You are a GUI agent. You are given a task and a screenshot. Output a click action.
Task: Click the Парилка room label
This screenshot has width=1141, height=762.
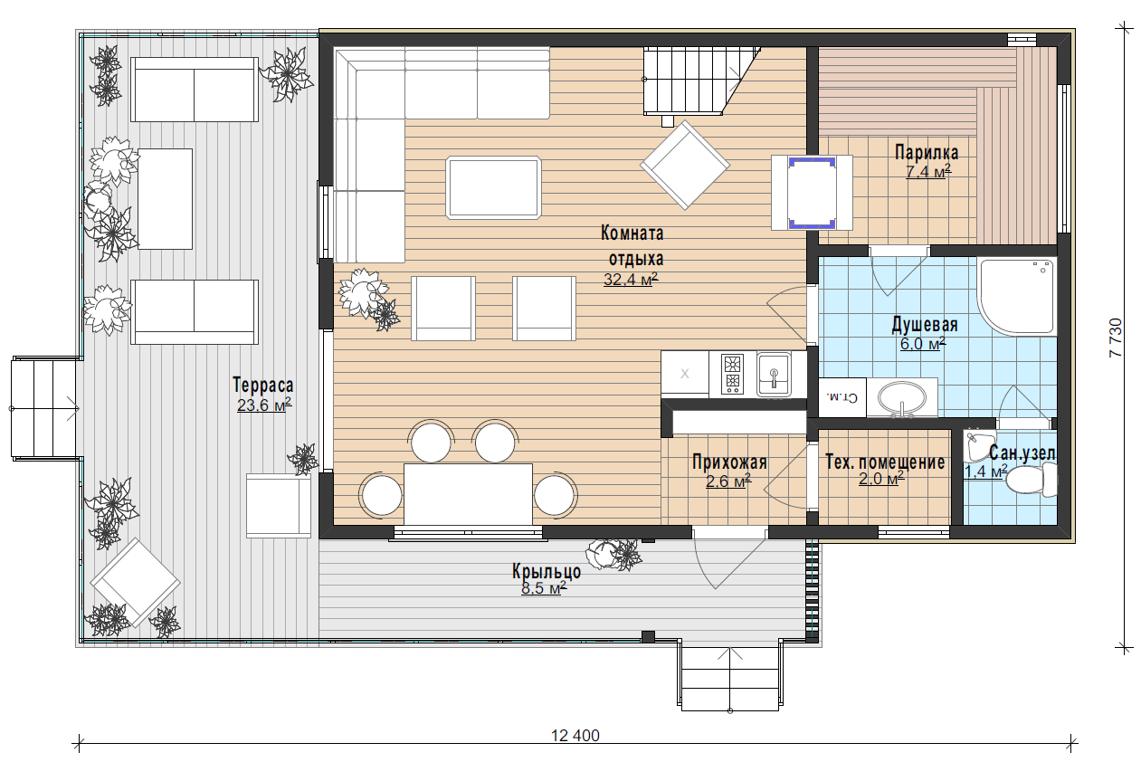(x=927, y=152)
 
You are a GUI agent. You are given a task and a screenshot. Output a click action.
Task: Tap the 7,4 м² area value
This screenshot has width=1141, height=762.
(x=928, y=171)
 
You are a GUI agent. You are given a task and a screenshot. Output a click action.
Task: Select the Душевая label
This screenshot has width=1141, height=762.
(x=925, y=325)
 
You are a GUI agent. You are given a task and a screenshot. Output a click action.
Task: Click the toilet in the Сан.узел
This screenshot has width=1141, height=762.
(x=1032, y=480)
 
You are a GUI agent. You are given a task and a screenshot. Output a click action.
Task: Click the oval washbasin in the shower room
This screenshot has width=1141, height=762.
(x=902, y=398)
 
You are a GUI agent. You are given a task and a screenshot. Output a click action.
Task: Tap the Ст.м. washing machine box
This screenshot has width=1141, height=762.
(x=842, y=396)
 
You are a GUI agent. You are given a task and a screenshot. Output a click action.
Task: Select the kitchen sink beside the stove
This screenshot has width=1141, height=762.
(x=774, y=374)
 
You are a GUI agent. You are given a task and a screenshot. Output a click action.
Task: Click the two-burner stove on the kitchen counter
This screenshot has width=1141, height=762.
(x=732, y=374)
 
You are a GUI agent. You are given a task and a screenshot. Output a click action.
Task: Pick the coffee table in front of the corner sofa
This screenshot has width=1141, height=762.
(x=493, y=188)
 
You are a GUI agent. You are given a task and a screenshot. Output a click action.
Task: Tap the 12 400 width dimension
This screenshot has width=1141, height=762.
(x=575, y=736)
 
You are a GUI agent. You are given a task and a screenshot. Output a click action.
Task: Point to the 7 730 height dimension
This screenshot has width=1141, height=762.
(x=1116, y=338)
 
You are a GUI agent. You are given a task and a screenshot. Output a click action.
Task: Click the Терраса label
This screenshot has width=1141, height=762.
(x=262, y=386)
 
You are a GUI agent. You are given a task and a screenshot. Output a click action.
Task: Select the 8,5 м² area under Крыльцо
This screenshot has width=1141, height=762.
(x=544, y=588)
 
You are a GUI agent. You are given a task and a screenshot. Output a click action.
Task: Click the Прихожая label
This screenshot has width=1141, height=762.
(x=729, y=462)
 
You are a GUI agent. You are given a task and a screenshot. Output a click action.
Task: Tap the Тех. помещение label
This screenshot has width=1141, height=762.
(x=885, y=462)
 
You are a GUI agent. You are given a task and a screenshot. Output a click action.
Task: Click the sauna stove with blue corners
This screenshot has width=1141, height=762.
(x=812, y=193)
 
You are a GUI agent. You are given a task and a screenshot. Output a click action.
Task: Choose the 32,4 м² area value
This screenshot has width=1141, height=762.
(x=631, y=279)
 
